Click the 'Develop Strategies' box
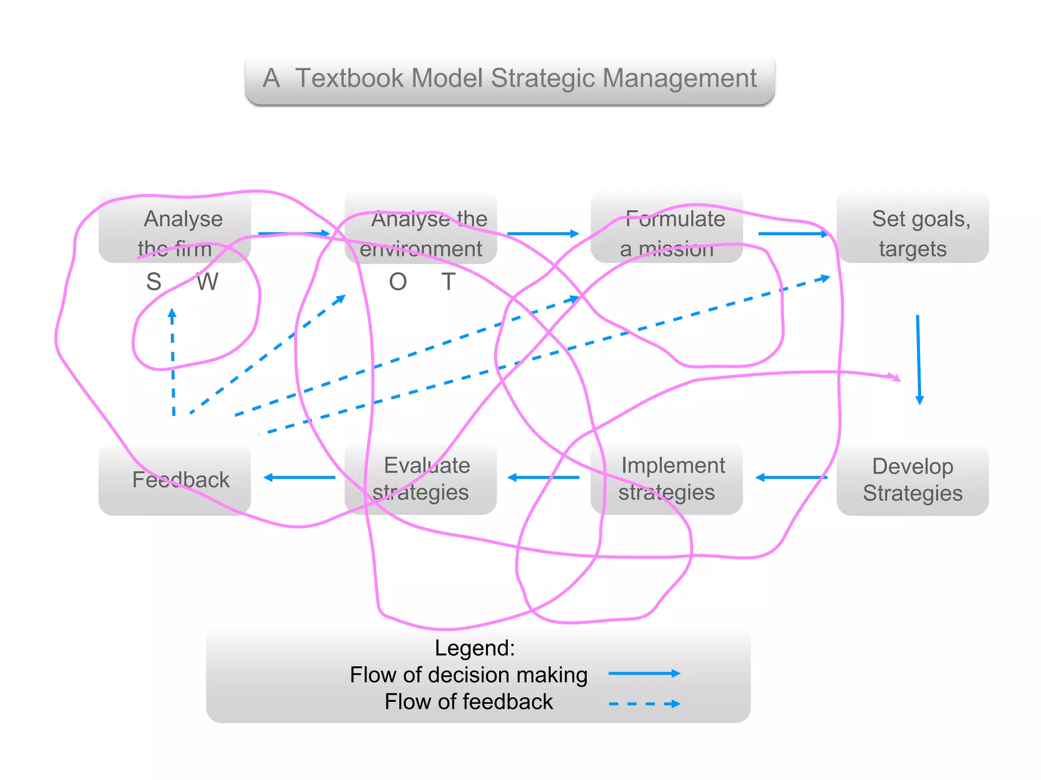(913, 479)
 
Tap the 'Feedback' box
(175, 479)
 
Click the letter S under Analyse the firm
(154, 282)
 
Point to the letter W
(207, 282)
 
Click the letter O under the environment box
(398, 282)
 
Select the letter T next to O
(448, 282)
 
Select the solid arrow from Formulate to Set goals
(793, 234)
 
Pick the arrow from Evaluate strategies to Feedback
(300, 477)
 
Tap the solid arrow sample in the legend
(644, 673)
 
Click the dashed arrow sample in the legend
(644, 704)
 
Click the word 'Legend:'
(475, 648)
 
